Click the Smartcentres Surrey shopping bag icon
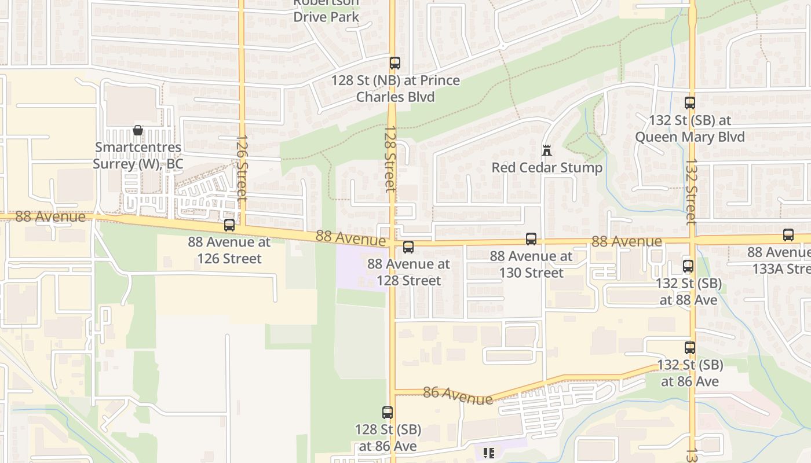coord(138,130)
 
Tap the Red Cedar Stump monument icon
coord(546,150)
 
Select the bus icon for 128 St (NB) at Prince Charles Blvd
coord(395,63)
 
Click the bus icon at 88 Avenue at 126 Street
coord(229,225)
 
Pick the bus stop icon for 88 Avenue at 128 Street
coord(408,247)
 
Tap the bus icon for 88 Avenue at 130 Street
coord(531,238)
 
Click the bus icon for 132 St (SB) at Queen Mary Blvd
coord(690,103)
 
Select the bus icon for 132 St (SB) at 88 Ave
coord(688,266)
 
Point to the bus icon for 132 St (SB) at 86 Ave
coord(690,348)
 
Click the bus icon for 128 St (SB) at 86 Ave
coord(388,413)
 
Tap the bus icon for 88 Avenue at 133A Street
coord(788,235)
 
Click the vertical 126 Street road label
coord(242,168)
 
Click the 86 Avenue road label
coord(458,395)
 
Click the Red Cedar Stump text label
coord(547,168)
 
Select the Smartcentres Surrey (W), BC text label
coord(138,156)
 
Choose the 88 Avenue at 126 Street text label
coord(229,250)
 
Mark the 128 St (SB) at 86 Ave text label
coord(388,438)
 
